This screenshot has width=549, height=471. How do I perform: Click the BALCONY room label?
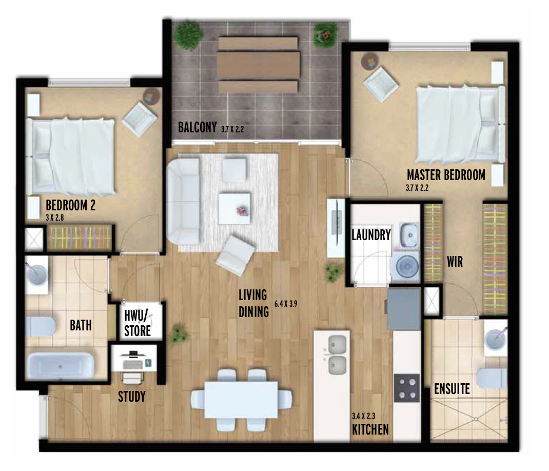tap(197, 127)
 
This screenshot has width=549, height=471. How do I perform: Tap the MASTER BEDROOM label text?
tap(446, 175)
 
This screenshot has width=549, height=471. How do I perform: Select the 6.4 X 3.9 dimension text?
tap(286, 304)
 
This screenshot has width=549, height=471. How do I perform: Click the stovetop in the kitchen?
tap(406, 388)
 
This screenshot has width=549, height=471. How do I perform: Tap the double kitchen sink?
tap(337, 355)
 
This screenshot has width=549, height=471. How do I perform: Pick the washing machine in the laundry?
tap(405, 266)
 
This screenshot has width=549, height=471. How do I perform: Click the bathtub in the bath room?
tap(61, 366)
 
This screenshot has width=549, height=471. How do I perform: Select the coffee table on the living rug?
tap(234, 208)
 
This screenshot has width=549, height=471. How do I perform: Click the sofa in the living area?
tap(184, 201)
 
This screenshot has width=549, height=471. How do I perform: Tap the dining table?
tap(241, 399)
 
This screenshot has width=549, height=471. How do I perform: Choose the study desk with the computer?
tap(134, 358)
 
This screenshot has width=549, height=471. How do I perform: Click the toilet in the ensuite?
tap(492, 378)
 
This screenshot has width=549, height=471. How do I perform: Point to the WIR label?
tap(455, 262)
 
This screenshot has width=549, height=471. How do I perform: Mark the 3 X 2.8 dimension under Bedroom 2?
tap(54, 218)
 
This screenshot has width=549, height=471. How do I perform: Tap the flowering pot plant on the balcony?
tap(326, 35)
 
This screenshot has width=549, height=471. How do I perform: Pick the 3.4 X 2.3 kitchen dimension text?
tap(363, 416)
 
